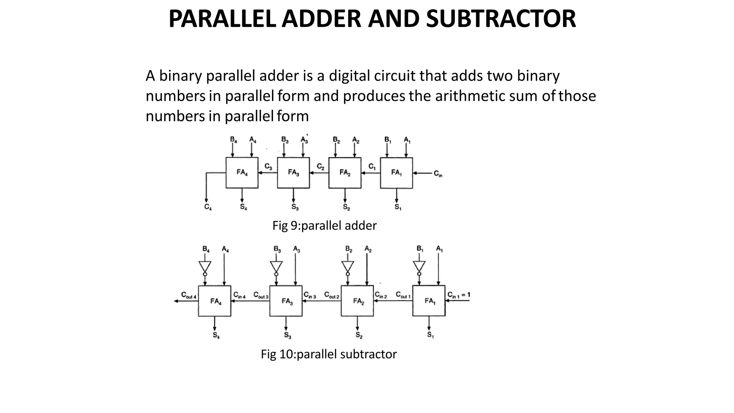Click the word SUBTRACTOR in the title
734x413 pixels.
pos(501,19)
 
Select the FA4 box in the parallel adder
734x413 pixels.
pos(242,173)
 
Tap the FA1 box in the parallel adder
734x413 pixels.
pos(396,173)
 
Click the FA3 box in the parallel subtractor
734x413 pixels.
pos(286,301)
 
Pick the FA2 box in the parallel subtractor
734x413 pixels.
pos(357,301)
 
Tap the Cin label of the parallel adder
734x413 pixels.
pos(438,174)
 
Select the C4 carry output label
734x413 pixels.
pos(208,207)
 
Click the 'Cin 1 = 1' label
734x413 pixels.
pos(459,295)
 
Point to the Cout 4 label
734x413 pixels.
pos(189,295)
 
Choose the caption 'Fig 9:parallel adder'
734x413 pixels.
pos(324,226)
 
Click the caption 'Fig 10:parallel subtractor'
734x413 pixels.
pos(329,354)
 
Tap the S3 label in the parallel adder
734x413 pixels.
pos(295,207)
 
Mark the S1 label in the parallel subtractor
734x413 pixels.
pos(430,335)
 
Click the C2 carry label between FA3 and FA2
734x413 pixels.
pos(320,167)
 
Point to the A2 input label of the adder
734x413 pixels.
pos(356,139)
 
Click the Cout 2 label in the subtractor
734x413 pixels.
pos(332,295)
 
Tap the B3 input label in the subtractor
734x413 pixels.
pos(277,249)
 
